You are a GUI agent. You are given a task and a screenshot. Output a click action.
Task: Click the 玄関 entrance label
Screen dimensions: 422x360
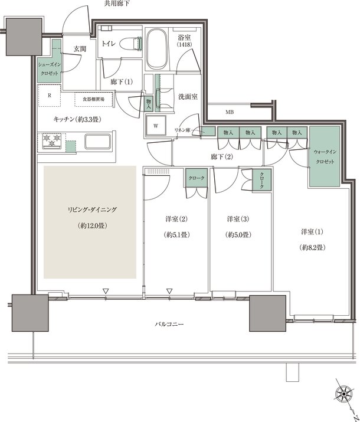pyautogui.click(x=80, y=49)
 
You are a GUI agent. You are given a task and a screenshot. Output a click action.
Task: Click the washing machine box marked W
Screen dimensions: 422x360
pyautogui.click(x=156, y=125)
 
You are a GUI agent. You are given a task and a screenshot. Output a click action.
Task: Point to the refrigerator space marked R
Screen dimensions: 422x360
pyautogui.click(x=49, y=95)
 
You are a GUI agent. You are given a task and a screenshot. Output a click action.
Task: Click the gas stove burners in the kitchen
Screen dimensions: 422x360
pyautogui.click(x=51, y=141)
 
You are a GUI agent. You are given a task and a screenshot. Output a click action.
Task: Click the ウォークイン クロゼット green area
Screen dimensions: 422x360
pyautogui.click(x=323, y=156)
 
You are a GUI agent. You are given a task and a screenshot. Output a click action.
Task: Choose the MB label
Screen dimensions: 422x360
pyautogui.click(x=228, y=112)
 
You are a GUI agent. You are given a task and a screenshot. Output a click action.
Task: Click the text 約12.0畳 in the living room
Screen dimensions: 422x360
pyautogui.click(x=90, y=226)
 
